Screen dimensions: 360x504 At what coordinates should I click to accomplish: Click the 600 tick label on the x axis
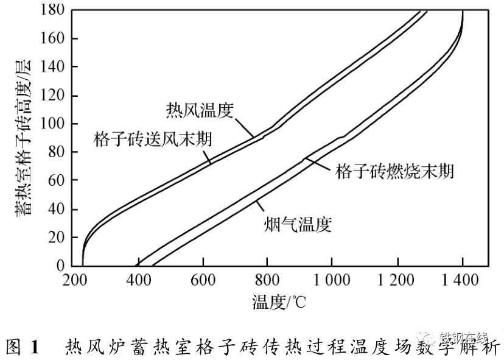(203, 281)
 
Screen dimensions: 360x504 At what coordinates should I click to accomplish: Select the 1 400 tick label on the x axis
(460, 281)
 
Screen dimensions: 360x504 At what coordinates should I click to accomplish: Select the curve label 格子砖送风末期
(153, 139)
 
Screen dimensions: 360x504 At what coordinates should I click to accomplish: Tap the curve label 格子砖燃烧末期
(394, 171)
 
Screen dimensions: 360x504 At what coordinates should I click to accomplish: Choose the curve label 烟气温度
(298, 224)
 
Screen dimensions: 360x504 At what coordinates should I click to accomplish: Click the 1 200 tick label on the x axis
(396, 281)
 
